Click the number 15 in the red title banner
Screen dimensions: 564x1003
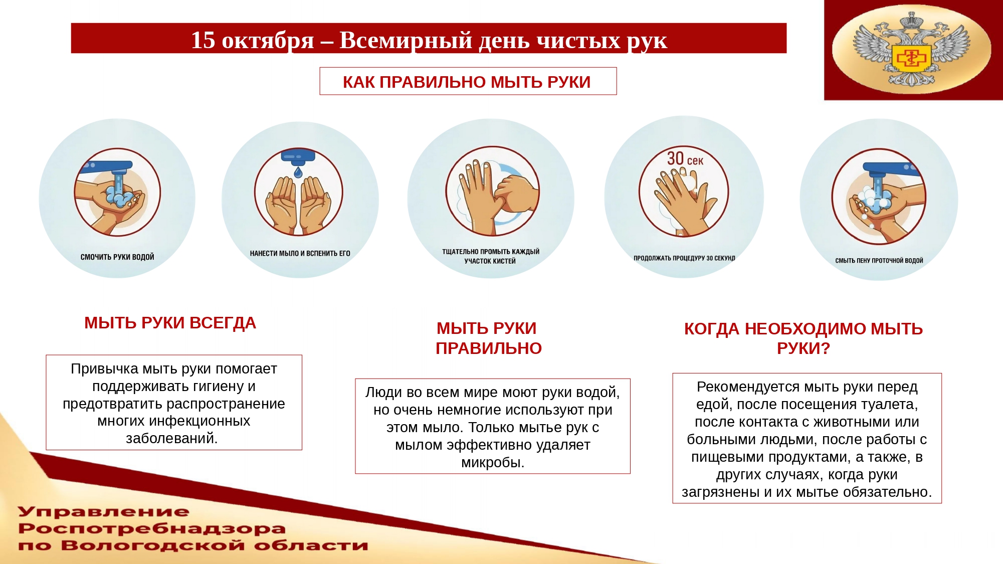[203, 40]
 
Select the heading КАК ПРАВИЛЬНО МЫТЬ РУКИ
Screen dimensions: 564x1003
[467, 82]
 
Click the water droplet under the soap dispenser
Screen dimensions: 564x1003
[298, 173]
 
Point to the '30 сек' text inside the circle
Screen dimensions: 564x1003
[685, 159]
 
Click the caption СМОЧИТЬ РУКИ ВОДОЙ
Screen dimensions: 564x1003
[117, 257]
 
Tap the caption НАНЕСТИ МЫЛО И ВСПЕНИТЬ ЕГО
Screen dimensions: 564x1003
[300, 254]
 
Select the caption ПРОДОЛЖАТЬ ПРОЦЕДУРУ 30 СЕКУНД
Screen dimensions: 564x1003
[684, 258]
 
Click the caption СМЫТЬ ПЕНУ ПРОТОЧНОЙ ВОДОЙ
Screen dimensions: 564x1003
[879, 261]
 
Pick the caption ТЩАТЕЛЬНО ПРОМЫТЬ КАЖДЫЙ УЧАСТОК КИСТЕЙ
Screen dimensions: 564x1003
[490, 256]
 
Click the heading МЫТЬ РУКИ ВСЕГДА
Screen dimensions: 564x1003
[170, 323]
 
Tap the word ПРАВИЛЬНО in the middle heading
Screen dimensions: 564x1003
[488, 348]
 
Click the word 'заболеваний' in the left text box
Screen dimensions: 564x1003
[171, 439]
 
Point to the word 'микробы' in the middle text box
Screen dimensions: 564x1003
[492, 462]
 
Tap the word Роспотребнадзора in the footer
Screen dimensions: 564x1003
[151, 528]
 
